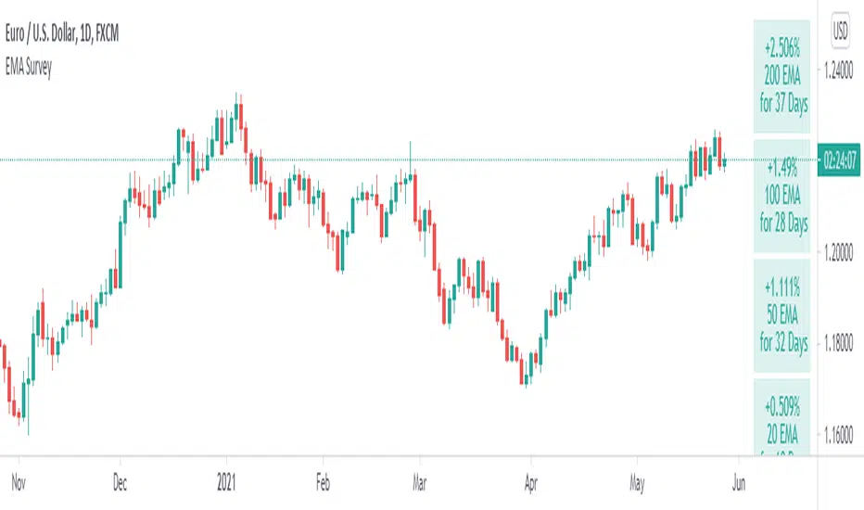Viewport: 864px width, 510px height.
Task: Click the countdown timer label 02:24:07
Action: (x=840, y=160)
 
